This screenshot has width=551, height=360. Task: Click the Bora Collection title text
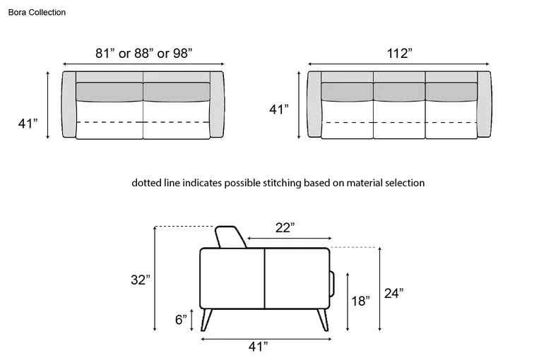click(x=37, y=12)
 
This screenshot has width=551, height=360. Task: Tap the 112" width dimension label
click(x=400, y=54)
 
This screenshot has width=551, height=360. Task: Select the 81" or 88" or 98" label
click(x=144, y=54)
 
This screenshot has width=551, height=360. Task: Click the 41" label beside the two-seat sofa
click(x=28, y=124)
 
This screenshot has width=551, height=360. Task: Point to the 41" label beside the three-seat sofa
click(x=279, y=109)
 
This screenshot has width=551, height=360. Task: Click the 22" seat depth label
click(x=285, y=227)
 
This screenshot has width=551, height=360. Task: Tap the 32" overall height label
click(x=140, y=280)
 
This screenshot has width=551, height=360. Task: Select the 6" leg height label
click(x=181, y=320)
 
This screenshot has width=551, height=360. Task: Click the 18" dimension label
click(x=361, y=301)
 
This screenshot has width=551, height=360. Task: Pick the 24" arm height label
click(x=393, y=293)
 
